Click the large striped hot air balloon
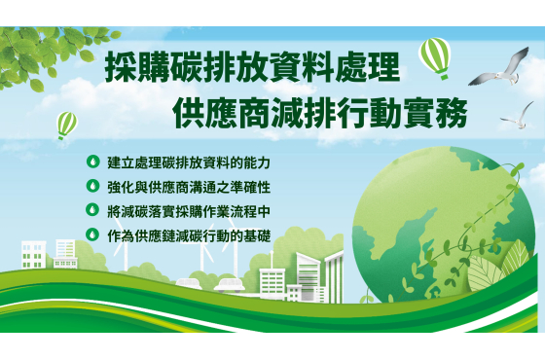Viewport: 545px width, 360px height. coord(435,56)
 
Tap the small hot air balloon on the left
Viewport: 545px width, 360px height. coord(67,126)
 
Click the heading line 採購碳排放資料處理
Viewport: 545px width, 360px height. coord(253,66)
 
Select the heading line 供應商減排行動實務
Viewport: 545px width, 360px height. coord(320,112)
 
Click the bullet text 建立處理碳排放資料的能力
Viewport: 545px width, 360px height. coord(189,162)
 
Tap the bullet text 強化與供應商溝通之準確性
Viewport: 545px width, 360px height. coord(189,187)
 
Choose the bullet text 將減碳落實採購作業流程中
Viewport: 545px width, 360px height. coord(189,212)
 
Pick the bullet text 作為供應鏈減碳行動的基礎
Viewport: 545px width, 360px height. coord(189,235)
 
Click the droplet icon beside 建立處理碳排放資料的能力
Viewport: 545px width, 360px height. coord(92,162)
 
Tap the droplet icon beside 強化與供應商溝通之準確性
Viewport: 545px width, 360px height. coord(92,186)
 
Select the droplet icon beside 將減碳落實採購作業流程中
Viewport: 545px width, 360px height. coord(92,210)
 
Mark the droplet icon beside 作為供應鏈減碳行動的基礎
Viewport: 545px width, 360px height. coord(92,234)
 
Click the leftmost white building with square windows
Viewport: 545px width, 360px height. coord(33,255)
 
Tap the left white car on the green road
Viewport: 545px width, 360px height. coord(189,283)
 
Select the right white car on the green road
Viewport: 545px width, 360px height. coord(229,284)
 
